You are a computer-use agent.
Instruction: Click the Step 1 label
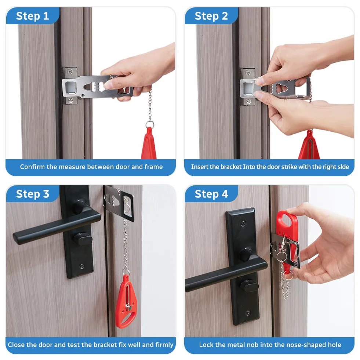point(32,16)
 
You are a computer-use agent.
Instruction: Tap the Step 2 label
point(211,16)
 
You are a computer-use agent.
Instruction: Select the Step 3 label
point(33,194)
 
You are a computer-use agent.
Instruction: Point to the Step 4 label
point(211,194)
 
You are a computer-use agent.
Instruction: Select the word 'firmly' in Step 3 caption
point(164,345)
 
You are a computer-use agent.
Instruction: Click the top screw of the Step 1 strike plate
point(70,72)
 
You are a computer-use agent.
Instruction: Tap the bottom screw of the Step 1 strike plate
point(70,100)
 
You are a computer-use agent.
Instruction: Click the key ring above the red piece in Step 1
point(150,124)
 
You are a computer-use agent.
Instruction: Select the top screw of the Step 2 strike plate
point(247,73)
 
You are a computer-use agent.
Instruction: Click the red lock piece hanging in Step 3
point(126,301)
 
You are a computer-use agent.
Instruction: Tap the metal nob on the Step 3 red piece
point(128,307)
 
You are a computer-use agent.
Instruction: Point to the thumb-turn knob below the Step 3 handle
point(83,239)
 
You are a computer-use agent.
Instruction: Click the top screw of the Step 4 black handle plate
point(243,223)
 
